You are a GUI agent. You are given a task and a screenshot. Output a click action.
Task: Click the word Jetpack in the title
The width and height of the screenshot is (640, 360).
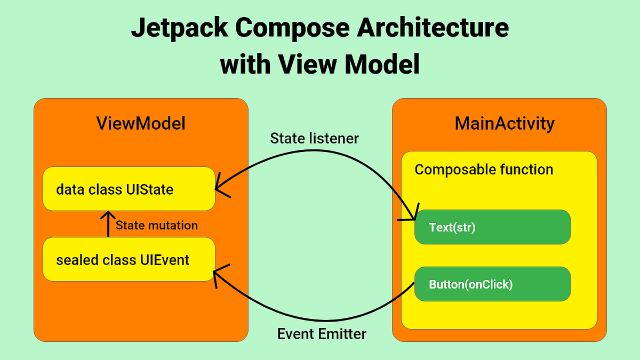(180, 28)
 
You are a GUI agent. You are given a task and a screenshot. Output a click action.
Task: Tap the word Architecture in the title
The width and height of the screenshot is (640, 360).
(433, 27)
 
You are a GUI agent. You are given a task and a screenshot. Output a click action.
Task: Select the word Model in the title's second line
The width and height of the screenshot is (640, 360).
(382, 64)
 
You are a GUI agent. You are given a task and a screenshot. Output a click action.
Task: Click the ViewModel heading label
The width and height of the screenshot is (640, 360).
(141, 123)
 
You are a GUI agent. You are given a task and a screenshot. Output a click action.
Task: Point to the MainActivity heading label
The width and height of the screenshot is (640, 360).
(505, 124)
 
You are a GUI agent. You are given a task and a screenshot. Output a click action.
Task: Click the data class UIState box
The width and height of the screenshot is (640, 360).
(129, 189)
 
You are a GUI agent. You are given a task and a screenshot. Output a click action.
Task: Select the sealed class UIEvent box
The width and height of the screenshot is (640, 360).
(129, 259)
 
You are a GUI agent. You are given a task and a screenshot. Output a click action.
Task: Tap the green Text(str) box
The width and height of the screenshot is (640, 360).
(493, 227)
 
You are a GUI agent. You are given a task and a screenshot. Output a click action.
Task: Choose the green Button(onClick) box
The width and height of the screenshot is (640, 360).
(493, 284)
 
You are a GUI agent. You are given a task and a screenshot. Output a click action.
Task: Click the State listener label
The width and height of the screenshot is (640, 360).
(314, 138)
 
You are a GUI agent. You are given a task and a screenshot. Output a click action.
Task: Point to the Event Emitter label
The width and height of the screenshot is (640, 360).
(322, 334)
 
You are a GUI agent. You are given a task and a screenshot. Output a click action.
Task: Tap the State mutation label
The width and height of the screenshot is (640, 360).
(157, 226)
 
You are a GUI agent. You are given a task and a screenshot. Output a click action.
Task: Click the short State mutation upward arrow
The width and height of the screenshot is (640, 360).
(108, 224)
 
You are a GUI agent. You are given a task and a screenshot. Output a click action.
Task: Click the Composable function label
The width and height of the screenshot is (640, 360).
(484, 170)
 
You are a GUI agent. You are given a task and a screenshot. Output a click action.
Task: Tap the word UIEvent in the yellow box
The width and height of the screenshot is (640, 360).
(165, 260)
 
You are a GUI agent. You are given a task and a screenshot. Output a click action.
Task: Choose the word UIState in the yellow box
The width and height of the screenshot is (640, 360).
(149, 189)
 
